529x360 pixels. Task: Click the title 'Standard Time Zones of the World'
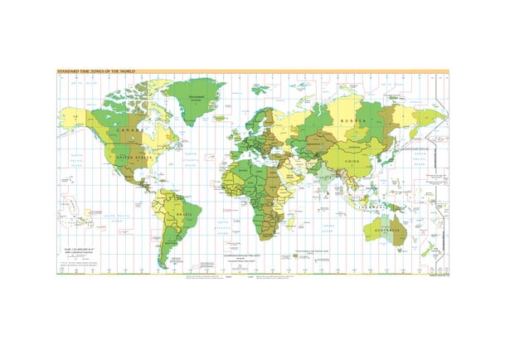(95, 73)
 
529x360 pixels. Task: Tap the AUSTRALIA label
(388, 229)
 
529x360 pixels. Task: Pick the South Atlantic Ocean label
(224, 227)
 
